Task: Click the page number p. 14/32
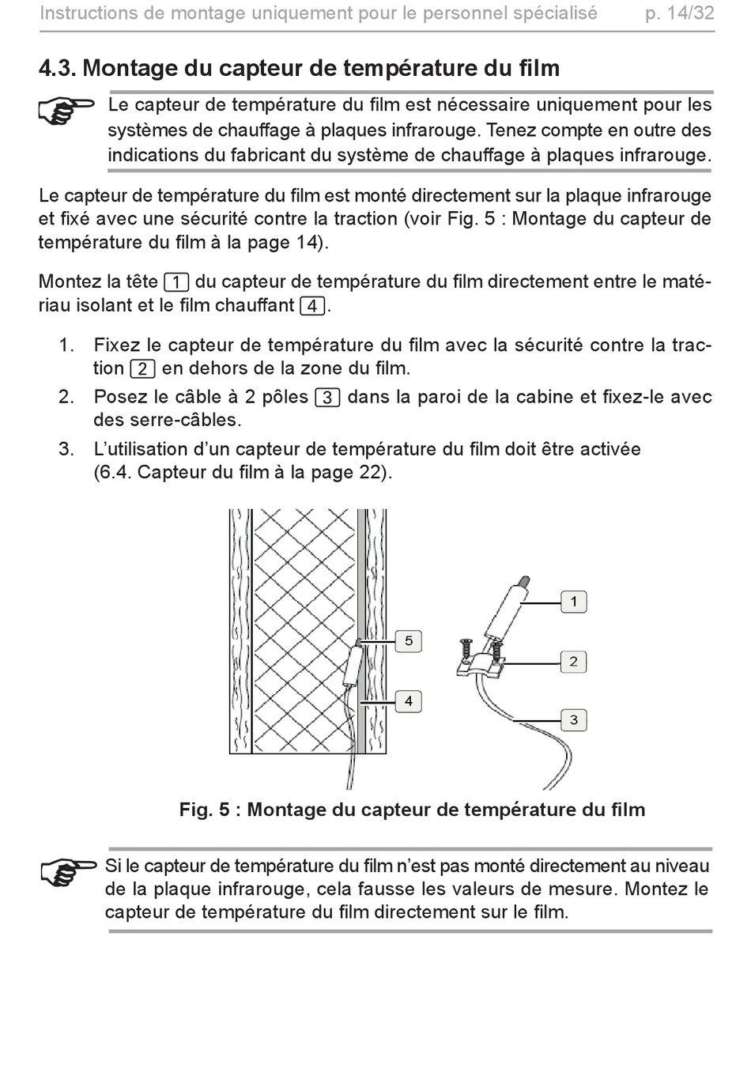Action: point(679,13)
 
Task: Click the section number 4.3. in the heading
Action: point(56,68)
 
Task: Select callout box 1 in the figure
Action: point(574,602)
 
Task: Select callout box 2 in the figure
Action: point(574,662)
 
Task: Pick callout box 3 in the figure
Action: point(574,719)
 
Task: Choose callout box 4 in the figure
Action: point(408,701)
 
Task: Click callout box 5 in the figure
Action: point(408,640)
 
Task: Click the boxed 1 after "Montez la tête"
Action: point(177,282)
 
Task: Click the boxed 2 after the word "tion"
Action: point(143,369)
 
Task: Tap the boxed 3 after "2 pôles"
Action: point(328,398)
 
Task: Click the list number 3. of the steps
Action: point(66,449)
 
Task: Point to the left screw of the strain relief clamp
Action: point(465,649)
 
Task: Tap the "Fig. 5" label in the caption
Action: point(204,810)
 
